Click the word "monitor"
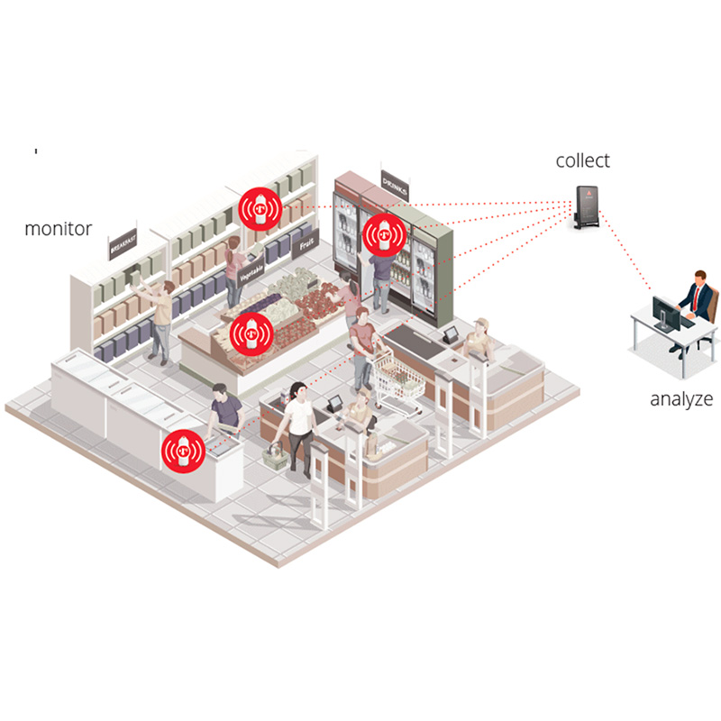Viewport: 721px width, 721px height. (x=58, y=229)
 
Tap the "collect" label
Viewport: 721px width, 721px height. (x=582, y=161)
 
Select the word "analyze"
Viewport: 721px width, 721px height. (x=681, y=399)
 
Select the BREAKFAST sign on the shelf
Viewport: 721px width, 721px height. (x=124, y=244)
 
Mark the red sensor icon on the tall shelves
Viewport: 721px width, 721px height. (x=261, y=210)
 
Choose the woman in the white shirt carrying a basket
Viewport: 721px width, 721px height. (x=297, y=424)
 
